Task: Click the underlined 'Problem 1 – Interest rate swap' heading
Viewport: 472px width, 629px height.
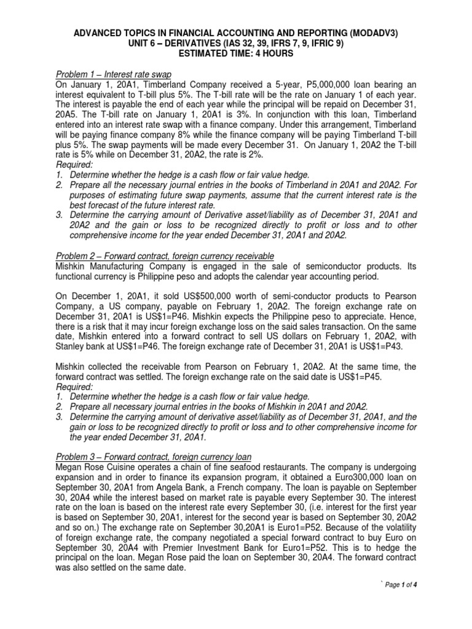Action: [114, 75]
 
